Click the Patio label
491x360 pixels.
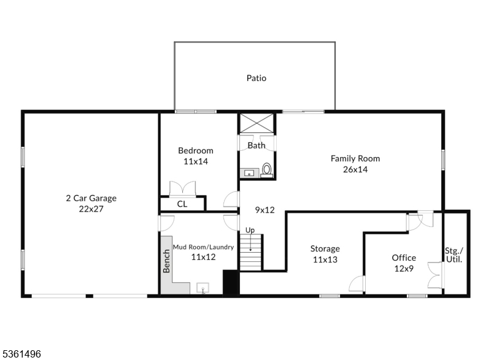[x=257, y=79]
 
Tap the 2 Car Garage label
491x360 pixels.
[x=91, y=198]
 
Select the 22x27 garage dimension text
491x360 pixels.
[x=91, y=209]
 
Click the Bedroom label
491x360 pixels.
[x=196, y=151]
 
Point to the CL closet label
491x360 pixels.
[x=182, y=204]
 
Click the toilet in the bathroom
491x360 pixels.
[x=267, y=170]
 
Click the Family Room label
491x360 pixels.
[x=355, y=158]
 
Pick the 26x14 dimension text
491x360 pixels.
[x=355, y=169]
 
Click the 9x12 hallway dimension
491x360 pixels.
[x=265, y=210]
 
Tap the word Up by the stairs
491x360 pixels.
[x=250, y=230]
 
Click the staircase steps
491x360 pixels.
[x=250, y=253]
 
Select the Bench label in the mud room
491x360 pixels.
[x=166, y=261]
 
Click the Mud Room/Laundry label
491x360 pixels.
[x=203, y=247]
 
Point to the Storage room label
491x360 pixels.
[x=325, y=249]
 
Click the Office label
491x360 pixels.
[x=404, y=258]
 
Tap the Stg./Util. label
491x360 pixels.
[x=454, y=255]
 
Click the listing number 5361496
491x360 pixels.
[x=21, y=353]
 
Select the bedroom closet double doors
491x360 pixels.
[x=182, y=188]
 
